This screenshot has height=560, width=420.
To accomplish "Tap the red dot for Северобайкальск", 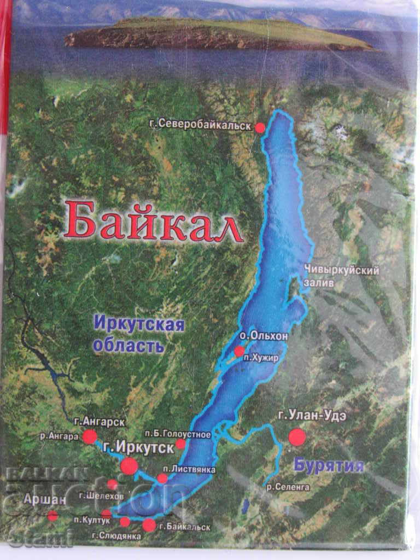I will click(x=260, y=127).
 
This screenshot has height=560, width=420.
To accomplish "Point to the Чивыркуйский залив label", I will click(x=342, y=275).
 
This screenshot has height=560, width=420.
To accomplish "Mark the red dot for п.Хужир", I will click(x=239, y=351).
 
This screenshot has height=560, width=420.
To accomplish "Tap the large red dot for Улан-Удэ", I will click(x=297, y=437).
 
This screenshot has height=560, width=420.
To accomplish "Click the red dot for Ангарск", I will click(x=90, y=436).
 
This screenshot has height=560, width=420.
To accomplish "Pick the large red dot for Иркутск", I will click(x=130, y=466).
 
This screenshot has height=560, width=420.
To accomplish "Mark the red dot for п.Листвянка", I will click(x=162, y=479).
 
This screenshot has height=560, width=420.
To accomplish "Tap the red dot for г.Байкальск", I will click(x=149, y=525).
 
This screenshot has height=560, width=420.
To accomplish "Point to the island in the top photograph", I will click(x=219, y=34).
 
